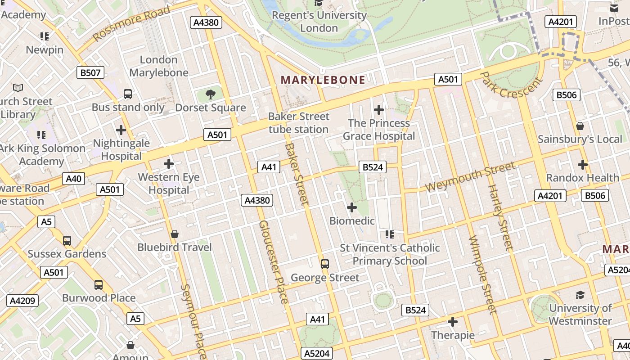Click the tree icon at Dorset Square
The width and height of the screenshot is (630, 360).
[210, 94]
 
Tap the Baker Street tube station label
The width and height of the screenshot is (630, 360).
[299, 123]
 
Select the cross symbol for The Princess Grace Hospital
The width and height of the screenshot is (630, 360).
[379, 109]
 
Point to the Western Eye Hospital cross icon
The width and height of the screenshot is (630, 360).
[169, 164]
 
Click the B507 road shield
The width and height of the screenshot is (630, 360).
[90, 72]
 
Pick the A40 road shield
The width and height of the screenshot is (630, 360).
[73, 179]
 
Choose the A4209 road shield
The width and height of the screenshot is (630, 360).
[22, 301]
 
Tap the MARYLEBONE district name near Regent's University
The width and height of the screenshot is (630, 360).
[323, 80]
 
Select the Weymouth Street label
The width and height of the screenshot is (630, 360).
[470, 177]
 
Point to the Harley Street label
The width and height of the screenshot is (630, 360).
[500, 217]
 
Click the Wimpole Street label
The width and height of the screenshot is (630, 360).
[482, 274]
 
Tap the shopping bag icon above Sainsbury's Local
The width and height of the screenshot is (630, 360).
[580, 126]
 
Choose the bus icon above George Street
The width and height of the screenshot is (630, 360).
[325, 264]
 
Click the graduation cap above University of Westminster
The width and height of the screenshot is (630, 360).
[580, 295]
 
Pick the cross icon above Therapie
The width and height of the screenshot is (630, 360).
[453, 322]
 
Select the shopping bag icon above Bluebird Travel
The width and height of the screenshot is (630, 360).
[175, 234]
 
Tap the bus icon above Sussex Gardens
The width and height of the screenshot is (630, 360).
[67, 241]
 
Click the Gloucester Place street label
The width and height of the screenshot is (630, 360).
[273, 262]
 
